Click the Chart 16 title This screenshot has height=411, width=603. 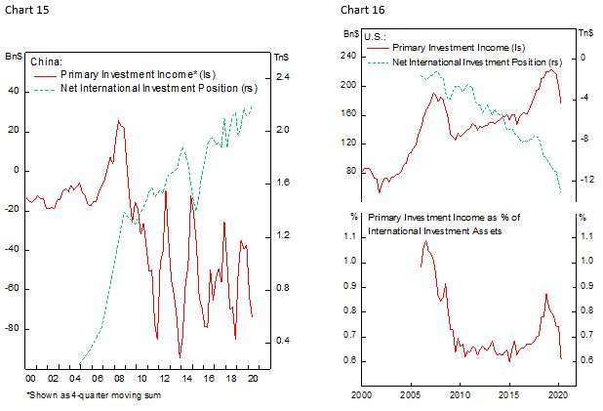(359, 10)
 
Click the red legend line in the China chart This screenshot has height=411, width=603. (45, 74)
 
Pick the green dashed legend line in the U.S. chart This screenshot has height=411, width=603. (377, 61)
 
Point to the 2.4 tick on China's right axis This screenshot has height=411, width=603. (284, 77)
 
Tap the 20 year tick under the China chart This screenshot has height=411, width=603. (253, 378)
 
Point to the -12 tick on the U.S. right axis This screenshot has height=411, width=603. (586, 180)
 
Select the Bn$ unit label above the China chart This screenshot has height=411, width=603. (15, 57)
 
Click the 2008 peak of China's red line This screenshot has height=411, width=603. (118, 121)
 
